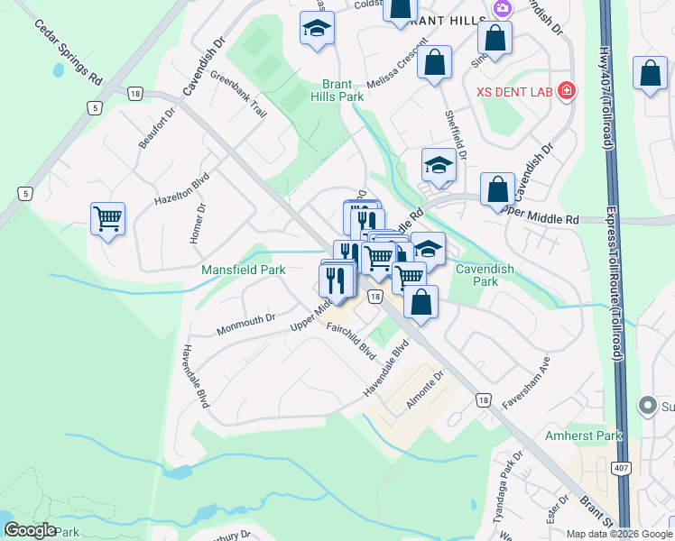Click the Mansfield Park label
pyautogui.click(x=243, y=270)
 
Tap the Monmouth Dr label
pyautogui.click(x=245, y=325)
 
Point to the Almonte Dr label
pyautogui.click(x=425, y=389)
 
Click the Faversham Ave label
pyautogui.click(x=526, y=382)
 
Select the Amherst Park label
pyautogui.click(x=584, y=436)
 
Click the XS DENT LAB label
pyautogui.click(x=514, y=92)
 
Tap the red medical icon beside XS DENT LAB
pyautogui.click(x=566, y=91)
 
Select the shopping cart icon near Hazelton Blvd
pyautogui.click(x=107, y=217)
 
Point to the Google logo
pyautogui.click(x=31, y=530)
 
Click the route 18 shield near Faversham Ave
pyautogui.click(x=485, y=400)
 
